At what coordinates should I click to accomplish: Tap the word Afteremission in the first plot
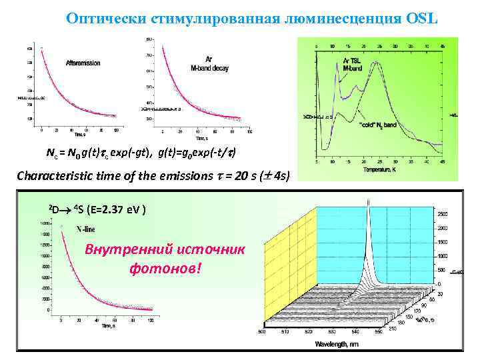pos(84,63)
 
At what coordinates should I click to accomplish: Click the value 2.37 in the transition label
pos(107,210)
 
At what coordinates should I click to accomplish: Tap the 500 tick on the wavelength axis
pos(261,331)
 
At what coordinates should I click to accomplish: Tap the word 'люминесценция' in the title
pos(319,18)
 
